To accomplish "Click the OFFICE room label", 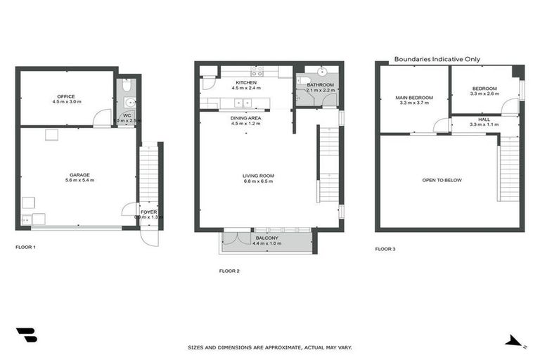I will click(x=66, y=96).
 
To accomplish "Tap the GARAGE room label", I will click(x=79, y=174).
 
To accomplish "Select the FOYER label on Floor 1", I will click(x=148, y=211).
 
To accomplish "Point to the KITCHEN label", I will click(x=245, y=83).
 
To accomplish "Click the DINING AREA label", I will click(x=246, y=118).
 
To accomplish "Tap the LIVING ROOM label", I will click(x=258, y=176).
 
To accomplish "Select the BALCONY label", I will click(x=266, y=238).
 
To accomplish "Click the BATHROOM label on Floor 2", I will click(x=320, y=84).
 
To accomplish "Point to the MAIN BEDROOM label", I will click(x=414, y=97).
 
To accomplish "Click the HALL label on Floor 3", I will click(x=484, y=120).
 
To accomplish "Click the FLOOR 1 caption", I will click(x=25, y=247).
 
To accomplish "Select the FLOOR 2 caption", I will click(x=229, y=271).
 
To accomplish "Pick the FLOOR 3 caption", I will click(x=385, y=248).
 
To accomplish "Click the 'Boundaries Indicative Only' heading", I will click(x=437, y=60).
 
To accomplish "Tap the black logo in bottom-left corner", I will click(x=27, y=335).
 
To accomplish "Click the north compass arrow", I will click(x=515, y=342).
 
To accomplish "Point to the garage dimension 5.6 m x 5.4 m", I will click(x=79, y=181).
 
